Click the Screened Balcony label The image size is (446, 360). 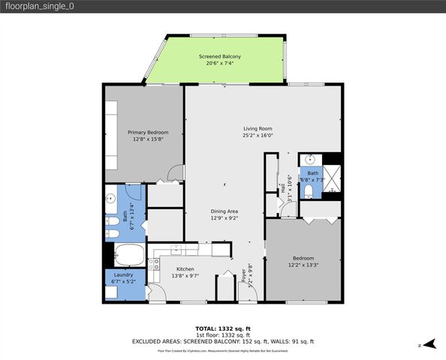219,56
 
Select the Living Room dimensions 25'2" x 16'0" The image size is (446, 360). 257,136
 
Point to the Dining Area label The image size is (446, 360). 224,211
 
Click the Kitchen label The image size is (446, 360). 185,268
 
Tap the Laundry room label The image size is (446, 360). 124,274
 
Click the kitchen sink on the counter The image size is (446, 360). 178,250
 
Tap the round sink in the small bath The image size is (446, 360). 309,159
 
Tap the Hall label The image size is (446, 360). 282,188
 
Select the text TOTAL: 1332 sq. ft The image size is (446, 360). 222,328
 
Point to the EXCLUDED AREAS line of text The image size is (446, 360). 222,341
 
